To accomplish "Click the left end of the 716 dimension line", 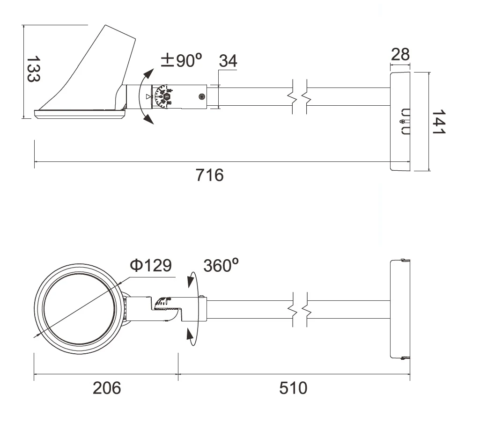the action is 34,161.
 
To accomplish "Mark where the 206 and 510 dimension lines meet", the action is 178,374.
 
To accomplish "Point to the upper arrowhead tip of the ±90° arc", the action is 154,69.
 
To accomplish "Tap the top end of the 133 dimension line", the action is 23,25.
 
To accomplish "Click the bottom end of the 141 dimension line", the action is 429,170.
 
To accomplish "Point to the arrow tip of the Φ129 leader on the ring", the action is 35,336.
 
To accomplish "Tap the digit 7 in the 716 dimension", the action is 200,175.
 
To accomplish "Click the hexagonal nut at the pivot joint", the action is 167,97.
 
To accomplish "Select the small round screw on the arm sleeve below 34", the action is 201,97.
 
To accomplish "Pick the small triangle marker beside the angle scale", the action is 148,97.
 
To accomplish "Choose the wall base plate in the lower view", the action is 400,309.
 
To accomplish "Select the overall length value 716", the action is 210,175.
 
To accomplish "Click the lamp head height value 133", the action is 33,69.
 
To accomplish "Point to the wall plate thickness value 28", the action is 400,55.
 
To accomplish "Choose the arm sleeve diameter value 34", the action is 228,61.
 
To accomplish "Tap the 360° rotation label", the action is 221,265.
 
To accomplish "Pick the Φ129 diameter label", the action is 151,265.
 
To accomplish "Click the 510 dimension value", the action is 293,388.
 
